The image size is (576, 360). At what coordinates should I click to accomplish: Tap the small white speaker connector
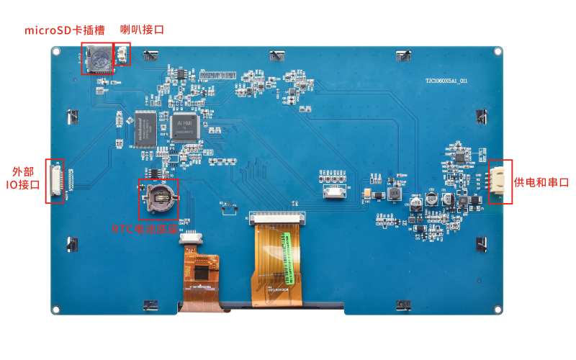(x=122, y=55)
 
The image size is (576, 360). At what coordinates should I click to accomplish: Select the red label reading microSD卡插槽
(x=65, y=30)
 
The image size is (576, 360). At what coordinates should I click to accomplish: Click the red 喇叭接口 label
(x=142, y=30)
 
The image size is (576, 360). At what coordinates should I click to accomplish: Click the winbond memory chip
(x=146, y=127)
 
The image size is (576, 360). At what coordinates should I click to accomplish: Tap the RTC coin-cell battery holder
(x=158, y=197)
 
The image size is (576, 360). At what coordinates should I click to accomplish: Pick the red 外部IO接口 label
(x=21, y=179)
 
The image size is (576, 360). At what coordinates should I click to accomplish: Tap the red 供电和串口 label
(x=541, y=182)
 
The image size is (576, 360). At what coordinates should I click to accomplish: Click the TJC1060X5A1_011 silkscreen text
(x=446, y=81)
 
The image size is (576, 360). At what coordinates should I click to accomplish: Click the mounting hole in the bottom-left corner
(x=55, y=310)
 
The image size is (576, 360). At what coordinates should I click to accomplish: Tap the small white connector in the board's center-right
(x=334, y=192)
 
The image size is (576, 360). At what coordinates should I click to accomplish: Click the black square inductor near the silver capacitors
(x=394, y=193)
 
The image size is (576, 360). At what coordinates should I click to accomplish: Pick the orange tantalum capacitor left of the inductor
(x=367, y=193)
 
